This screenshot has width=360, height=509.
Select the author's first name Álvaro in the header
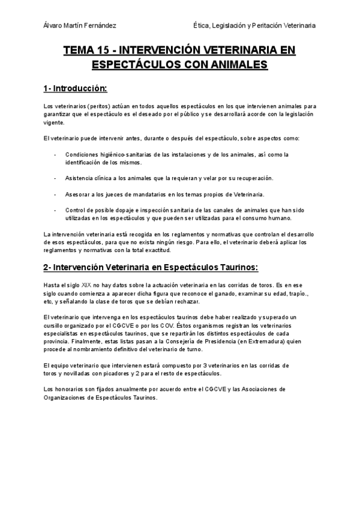56,25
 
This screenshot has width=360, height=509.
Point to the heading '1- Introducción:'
75,89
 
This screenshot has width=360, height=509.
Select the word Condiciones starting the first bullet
83,155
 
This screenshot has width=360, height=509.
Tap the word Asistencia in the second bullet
81,179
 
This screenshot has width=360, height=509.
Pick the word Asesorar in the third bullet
80,195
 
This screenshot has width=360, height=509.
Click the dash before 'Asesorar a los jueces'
55,195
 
